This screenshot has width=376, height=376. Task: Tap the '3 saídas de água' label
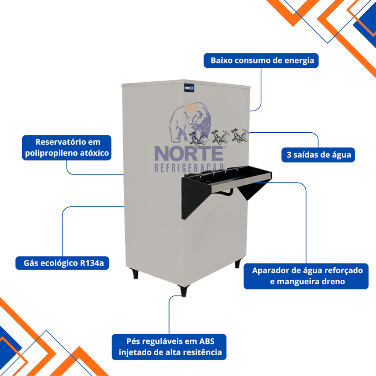[x=318, y=155]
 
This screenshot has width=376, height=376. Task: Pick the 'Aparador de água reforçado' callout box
[x=306, y=276]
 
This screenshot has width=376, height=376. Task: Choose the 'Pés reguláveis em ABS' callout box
[x=169, y=347]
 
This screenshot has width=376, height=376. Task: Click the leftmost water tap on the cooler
[x=197, y=139]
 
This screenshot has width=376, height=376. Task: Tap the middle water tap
[x=218, y=136]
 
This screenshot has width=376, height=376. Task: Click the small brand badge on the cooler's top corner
[x=189, y=88]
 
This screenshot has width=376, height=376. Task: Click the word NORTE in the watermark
[x=188, y=153]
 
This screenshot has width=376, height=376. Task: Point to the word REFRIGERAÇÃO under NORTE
[x=190, y=167]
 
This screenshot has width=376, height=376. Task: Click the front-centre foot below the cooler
[x=183, y=291]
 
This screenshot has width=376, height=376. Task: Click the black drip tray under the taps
[x=229, y=179]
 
